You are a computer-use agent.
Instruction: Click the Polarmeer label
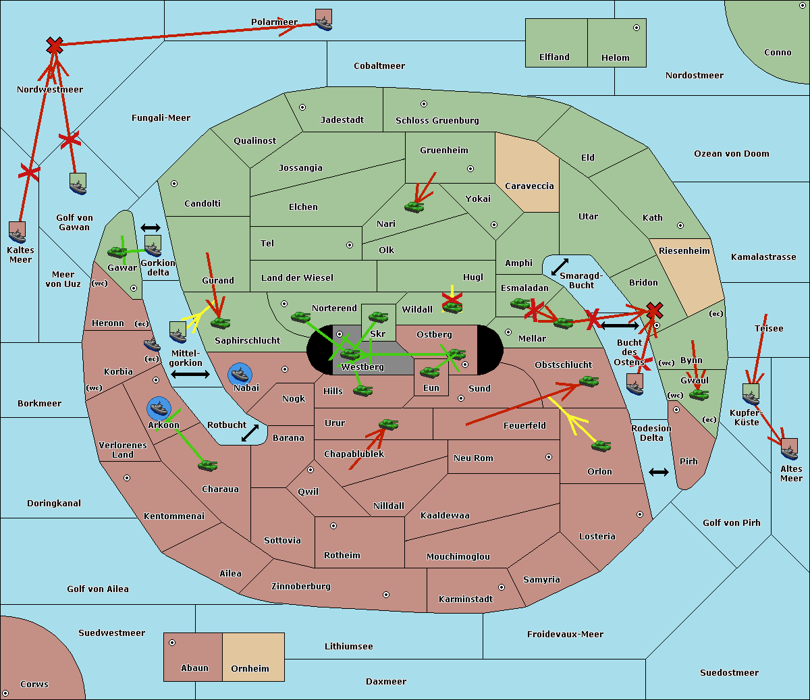point(274,22)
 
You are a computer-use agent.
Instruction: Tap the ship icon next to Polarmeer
point(324,20)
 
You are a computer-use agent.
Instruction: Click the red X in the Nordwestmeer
point(55,46)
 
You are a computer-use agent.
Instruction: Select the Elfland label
point(554,57)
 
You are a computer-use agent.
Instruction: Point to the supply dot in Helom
point(636,28)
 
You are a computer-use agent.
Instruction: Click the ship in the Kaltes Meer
point(17,232)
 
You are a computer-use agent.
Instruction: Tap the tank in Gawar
point(117,252)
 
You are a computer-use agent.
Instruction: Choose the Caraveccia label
point(529,186)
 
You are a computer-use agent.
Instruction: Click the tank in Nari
point(414,207)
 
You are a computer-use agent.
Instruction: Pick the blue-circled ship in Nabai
point(240,373)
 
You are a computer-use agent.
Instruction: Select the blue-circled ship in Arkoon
point(159,408)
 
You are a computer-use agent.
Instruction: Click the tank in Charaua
point(208,465)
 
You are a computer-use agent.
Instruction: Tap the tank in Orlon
point(601,446)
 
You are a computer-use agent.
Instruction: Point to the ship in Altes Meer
point(789,448)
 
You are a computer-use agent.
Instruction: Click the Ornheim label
point(250,669)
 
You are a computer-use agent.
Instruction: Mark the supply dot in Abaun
point(172,643)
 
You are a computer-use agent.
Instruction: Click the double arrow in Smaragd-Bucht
point(560,267)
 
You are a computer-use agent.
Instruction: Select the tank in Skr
point(378,316)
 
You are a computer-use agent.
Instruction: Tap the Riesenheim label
point(684,251)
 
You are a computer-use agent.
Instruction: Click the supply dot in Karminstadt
point(501,587)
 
